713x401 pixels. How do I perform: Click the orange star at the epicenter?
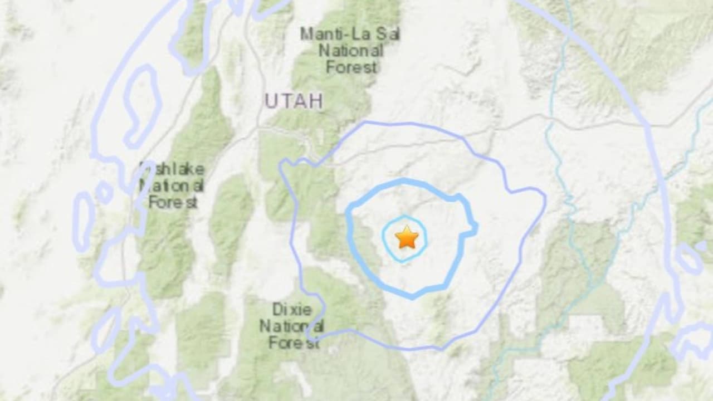coord(407,238)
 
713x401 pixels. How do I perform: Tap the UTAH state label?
coord(294,101)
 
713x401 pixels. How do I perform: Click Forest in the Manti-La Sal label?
coord(352,67)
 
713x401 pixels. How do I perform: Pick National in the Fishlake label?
coord(171,185)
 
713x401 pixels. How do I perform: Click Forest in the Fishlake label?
coord(173,202)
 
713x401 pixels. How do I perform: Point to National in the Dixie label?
coord(292,326)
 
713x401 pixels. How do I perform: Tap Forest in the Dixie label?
coord(294,343)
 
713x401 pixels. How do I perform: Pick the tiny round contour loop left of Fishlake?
coord(104,192)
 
